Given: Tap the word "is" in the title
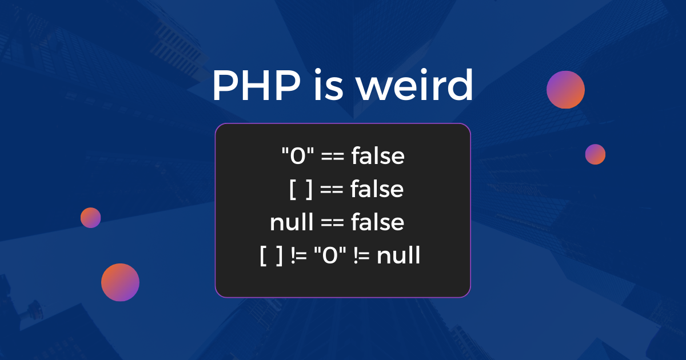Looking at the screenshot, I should pyautogui.click(x=326, y=87).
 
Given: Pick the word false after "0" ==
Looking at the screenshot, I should pyautogui.click(x=378, y=155).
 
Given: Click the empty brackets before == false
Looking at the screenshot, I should pyautogui.click(x=301, y=189).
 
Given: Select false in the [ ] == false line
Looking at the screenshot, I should pyautogui.click(x=377, y=189).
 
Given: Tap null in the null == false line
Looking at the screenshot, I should pyautogui.click(x=291, y=222).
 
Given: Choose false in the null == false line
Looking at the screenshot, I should pyautogui.click(x=377, y=222).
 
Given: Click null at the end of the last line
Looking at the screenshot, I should pyautogui.click(x=398, y=256).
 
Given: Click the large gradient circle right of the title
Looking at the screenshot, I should pyautogui.click(x=565, y=90).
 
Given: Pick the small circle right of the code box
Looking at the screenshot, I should pyautogui.click(x=595, y=154).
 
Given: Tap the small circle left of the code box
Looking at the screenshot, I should pyautogui.click(x=90, y=218).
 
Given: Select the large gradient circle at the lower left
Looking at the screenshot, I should pyautogui.click(x=120, y=282).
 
